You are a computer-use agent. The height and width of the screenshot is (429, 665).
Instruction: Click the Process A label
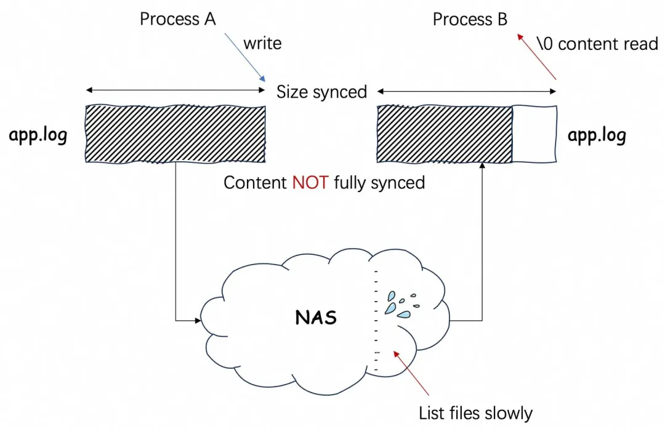(x=178, y=19)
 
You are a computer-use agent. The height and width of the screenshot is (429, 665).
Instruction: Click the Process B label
(x=470, y=20)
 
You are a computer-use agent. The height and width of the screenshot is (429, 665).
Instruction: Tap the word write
(x=262, y=43)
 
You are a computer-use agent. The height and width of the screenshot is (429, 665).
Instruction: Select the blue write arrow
(x=244, y=57)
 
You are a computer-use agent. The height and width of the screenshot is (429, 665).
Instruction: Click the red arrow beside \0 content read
(x=536, y=57)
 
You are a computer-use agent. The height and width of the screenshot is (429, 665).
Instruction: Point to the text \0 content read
(x=597, y=44)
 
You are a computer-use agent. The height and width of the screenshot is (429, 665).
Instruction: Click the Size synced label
(x=321, y=92)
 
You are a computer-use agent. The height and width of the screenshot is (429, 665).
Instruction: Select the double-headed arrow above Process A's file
(x=175, y=90)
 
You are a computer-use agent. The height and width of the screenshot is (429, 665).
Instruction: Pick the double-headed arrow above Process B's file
(x=467, y=91)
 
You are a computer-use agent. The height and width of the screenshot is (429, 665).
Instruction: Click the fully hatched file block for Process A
(x=175, y=134)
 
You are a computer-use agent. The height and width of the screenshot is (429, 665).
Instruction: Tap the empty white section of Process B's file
(x=534, y=134)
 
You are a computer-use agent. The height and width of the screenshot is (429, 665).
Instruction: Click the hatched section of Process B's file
(x=445, y=134)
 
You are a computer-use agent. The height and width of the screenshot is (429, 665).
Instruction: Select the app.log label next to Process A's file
(x=38, y=135)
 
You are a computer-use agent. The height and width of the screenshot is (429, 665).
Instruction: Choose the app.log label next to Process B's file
(x=597, y=135)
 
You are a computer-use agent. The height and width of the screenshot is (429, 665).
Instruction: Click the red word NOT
(x=310, y=183)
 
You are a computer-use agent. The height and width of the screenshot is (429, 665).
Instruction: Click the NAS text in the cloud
(x=316, y=318)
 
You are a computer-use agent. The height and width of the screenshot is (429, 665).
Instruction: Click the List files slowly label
(x=475, y=414)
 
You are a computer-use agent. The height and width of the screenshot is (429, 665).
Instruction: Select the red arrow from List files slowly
(x=411, y=373)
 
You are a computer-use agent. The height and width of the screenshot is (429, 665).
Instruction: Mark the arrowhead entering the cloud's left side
(x=198, y=321)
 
